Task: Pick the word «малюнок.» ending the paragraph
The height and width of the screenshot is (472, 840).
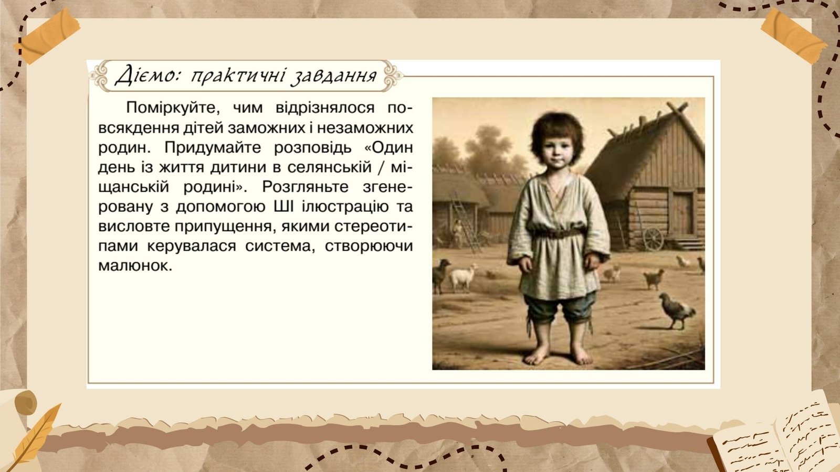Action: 135,265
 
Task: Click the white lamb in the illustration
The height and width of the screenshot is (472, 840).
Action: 464,277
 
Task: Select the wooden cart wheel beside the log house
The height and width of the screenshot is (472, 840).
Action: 653,239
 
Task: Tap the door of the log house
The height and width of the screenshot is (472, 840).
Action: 683,213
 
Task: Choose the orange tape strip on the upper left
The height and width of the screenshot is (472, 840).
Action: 48,36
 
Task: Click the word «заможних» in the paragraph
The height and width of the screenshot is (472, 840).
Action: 267,128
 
